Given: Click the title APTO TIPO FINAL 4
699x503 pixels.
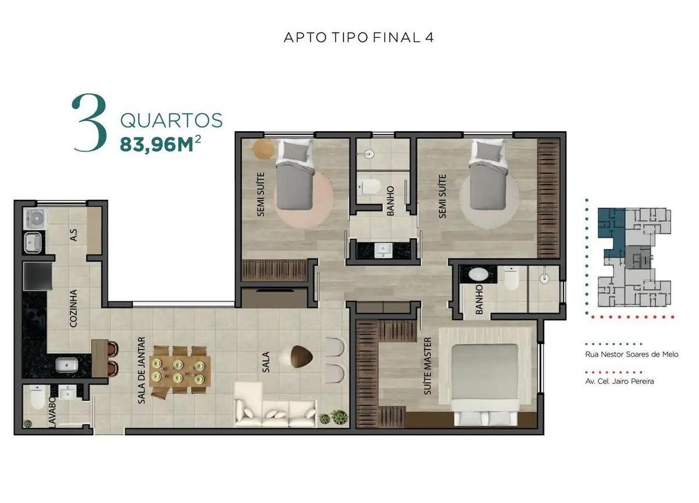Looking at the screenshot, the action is (359, 37).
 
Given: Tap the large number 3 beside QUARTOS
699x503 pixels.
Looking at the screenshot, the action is (89, 123).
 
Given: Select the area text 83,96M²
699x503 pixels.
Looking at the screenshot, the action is (160, 143).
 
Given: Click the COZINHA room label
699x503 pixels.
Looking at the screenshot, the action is (73, 308).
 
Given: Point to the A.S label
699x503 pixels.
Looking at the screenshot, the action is (73, 235).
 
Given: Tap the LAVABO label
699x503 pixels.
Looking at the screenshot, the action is (52, 411).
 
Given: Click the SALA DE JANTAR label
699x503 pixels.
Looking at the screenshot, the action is (142, 370).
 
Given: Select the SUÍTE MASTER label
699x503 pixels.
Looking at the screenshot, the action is (428, 366).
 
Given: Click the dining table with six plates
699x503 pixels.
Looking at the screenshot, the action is (180, 370).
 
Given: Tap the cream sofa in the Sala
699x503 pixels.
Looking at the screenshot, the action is (275, 405).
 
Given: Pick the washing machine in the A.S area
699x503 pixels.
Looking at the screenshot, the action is (36, 218).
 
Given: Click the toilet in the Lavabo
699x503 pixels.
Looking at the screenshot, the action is (37, 398).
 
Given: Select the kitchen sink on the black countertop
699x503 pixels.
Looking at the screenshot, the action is (66, 365).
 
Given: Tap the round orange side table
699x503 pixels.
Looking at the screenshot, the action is (264, 149).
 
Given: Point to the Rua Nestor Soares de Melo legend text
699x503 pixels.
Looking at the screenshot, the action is (631, 354).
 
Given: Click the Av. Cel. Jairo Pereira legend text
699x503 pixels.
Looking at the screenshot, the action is (619, 381).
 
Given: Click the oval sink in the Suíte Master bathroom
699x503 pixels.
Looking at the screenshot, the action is (478, 275).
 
